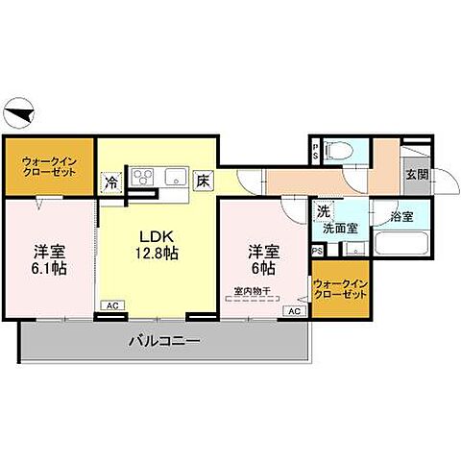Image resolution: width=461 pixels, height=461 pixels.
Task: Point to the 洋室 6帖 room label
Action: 262,259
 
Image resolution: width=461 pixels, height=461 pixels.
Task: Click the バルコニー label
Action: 160,341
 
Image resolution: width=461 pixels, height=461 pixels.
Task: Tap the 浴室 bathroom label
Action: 401,217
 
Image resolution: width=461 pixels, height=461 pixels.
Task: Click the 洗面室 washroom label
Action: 339,229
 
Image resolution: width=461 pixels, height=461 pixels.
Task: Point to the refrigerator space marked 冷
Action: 111,180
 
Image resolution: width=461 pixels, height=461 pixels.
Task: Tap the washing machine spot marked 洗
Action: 325,211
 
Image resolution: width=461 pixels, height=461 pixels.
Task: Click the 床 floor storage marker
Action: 203,181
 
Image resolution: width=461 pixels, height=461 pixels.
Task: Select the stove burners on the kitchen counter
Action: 143,177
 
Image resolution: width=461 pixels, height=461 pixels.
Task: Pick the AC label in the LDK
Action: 112,305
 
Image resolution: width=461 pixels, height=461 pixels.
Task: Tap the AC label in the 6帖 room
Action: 295,311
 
